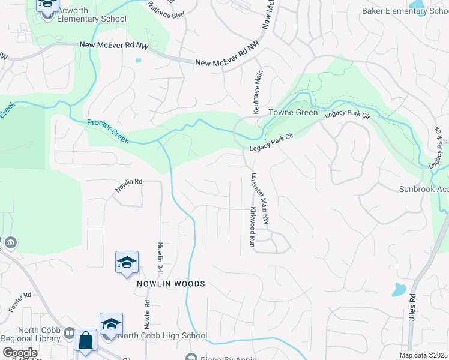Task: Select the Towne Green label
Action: coord(292,112)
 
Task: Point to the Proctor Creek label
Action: coord(109,131)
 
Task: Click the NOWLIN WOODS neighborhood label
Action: coord(170,284)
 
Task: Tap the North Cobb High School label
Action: coord(162,336)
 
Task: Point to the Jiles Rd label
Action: coord(413,306)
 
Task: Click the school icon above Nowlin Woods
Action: coord(127,262)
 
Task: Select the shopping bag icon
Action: coord(86,340)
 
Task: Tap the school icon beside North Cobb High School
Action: coord(111,324)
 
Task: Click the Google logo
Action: coord(19,353)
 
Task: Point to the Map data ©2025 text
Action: coord(423,355)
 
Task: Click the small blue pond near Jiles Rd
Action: coord(399,290)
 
